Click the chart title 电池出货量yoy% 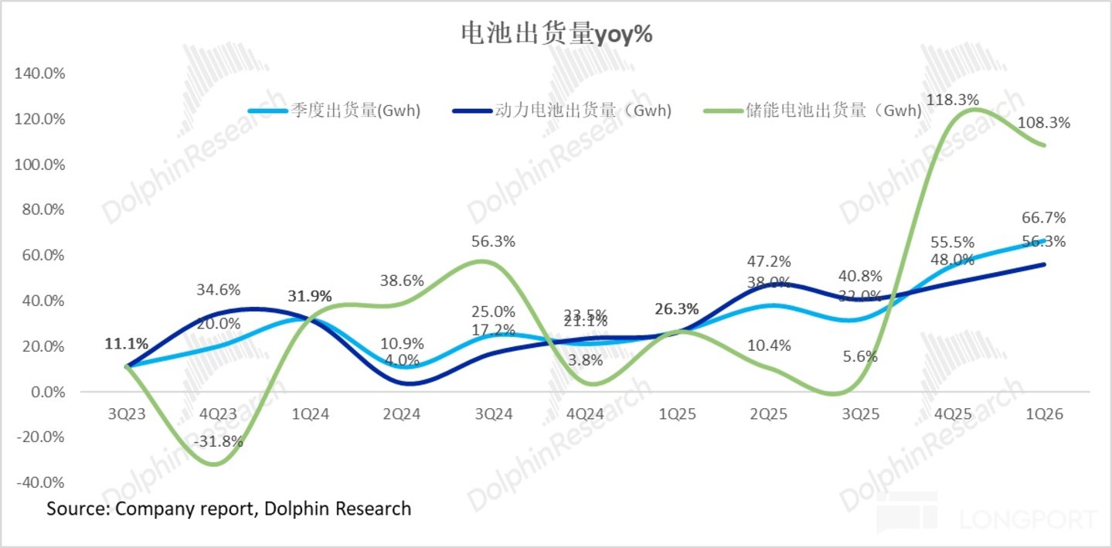(556, 33)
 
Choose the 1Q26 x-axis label (1043, 414)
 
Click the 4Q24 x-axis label (585, 414)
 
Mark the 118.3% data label (953, 100)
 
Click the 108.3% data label (1043, 122)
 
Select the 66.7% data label (1043, 217)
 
